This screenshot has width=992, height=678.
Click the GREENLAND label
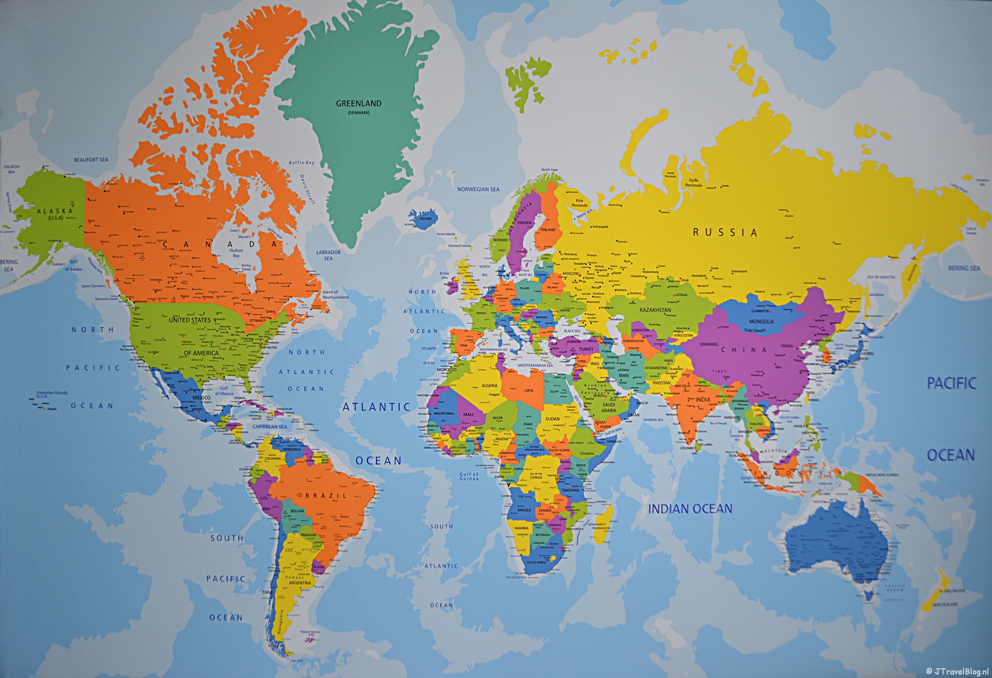(358, 103)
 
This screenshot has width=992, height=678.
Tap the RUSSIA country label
(725, 233)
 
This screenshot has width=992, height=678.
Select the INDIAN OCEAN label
(690, 508)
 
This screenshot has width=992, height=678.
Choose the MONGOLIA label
(761, 321)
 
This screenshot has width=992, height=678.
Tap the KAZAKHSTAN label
(655, 310)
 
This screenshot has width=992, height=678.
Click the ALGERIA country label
(489, 386)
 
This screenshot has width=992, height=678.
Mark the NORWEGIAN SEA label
(478, 189)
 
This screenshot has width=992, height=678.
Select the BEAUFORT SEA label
(91, 160)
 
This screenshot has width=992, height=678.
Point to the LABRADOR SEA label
(328, 255)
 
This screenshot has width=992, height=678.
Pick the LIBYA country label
(529, 390)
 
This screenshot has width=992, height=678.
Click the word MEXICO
(201, 398)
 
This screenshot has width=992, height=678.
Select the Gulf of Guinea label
(469, 476)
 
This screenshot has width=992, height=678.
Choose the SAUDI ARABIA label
(608, 407)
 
